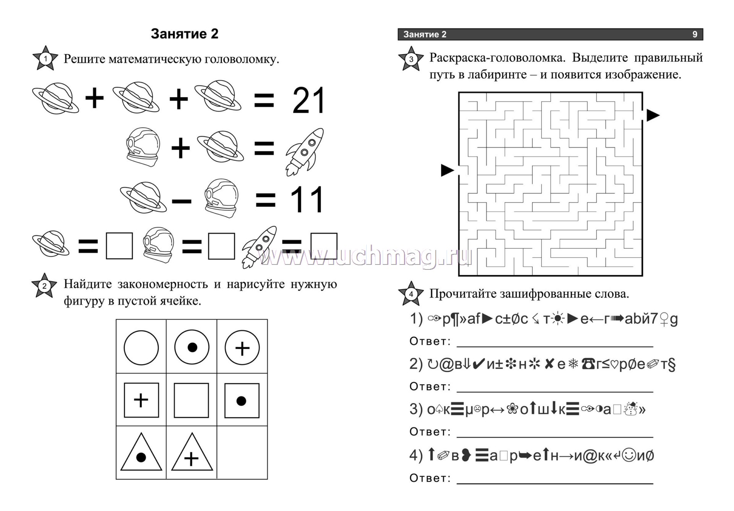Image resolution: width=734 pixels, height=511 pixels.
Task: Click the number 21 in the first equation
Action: click(309, 100)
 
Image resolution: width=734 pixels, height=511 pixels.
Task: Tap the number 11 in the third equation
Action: click(307, 200)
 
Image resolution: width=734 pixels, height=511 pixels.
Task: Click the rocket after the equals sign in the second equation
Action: click(305, 152)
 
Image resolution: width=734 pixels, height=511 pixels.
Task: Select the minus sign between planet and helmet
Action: click(182, 201)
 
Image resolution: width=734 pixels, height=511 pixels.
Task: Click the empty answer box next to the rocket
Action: click(324, 246)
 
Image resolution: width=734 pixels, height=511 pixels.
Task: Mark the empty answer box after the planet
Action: click(119, 246)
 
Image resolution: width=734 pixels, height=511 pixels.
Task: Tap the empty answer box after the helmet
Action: click(222, 246)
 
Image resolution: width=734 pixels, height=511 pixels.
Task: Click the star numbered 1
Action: click(45, 58)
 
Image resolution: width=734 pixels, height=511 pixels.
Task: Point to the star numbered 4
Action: click(411, 294)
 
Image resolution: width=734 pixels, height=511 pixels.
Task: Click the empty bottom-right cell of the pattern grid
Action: click(242, 453)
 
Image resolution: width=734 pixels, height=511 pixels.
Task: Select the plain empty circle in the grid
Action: click(141, 348)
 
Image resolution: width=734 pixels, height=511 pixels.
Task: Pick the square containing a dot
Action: click(242, 400)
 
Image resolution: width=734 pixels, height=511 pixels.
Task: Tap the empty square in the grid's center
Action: click(192, 400)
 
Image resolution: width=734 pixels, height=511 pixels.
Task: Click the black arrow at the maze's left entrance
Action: click(447, 170)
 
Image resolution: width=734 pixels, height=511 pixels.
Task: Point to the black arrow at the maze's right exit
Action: click(653, 115)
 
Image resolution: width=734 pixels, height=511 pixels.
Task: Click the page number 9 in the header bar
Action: click(695, 34)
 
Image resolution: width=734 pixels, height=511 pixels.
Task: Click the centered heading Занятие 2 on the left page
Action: click(185, 34)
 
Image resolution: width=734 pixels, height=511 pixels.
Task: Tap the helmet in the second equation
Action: click(142, 147)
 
